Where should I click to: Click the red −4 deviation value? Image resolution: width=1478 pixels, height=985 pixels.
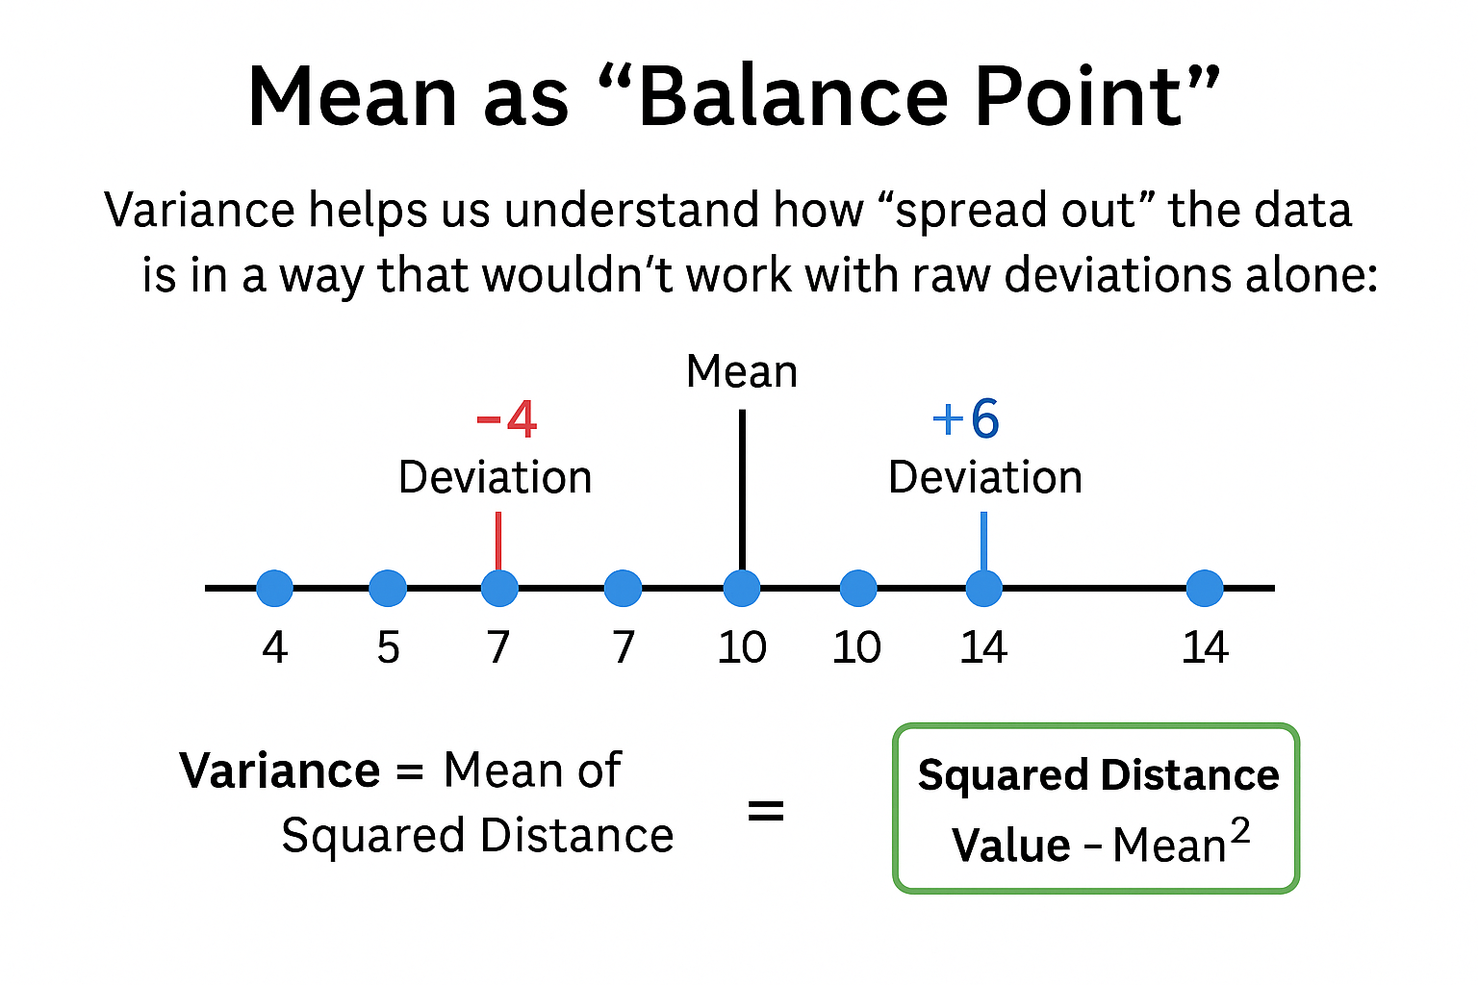(506, 419)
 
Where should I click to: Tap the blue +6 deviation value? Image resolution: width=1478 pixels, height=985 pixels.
(966, 419)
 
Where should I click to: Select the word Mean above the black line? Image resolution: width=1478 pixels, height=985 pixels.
(742, 371)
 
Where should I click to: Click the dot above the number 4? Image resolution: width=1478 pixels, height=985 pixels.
(274, 588)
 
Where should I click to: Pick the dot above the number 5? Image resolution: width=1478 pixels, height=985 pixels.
(388, 588)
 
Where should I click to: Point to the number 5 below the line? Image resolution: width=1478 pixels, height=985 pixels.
(388, 647)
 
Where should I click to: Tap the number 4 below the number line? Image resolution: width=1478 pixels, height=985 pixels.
(274, 647)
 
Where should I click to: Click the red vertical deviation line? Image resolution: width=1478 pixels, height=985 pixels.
(498, 541)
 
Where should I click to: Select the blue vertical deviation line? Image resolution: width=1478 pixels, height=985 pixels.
(983, 541)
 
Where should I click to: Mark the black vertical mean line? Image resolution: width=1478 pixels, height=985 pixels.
(742, 491)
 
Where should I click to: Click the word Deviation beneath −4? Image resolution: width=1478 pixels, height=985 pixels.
(495, 477)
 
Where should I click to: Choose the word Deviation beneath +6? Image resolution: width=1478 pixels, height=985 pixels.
(985, 477)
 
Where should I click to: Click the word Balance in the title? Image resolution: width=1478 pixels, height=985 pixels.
(793, 96)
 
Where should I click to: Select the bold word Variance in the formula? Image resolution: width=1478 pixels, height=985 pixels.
(280, 770)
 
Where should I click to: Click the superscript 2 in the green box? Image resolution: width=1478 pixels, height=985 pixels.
(1239, 831)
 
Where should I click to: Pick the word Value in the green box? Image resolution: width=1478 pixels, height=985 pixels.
(1011, 846)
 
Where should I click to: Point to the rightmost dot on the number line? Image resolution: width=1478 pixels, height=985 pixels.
(1205, 588)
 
